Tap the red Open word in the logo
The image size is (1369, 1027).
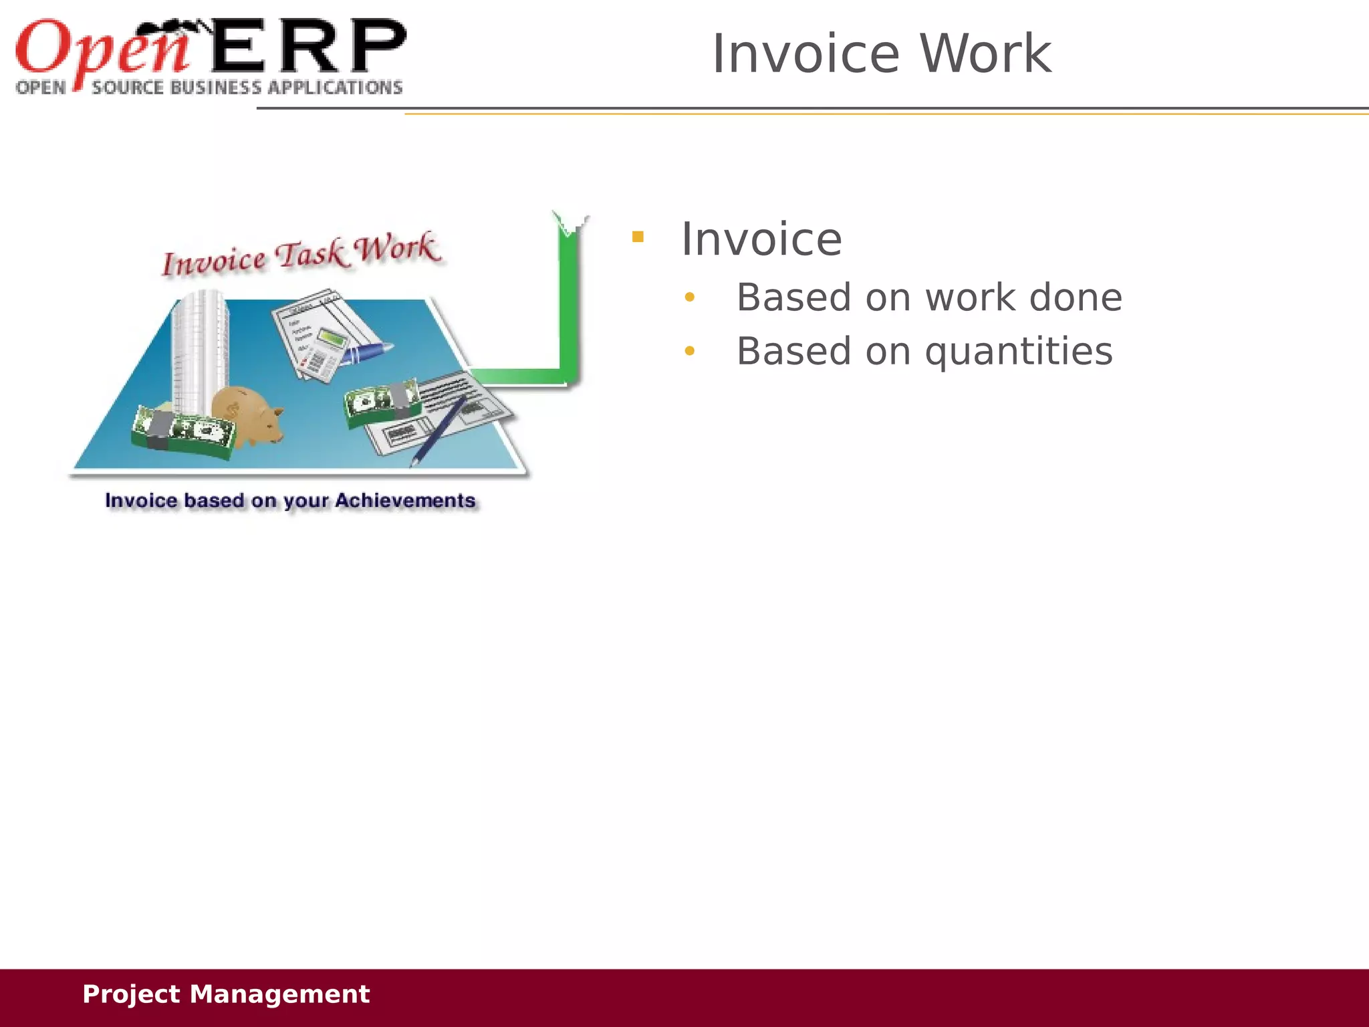[x=100, y=48]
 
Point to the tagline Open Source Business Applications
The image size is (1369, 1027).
[x=209, y=88]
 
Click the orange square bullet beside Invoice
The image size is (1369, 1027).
[x=638, y=237]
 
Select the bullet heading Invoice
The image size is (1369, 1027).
[x=761, y=239]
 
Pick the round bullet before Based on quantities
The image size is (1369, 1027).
[x=690, y=351]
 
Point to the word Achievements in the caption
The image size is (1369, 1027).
[x=405, y=501]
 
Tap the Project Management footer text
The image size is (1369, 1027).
[x=225, y=994]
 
